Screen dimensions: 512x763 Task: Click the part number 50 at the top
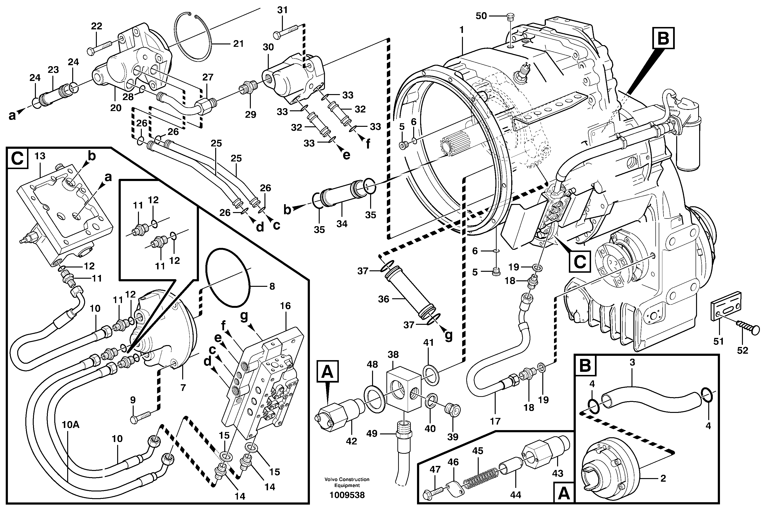pos(481,16)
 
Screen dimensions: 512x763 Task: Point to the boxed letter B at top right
pos(663,38)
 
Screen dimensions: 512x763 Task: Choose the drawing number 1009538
pos(347,495)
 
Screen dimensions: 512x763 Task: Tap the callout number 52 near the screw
pos(743,350)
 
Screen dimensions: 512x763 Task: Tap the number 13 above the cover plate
pos(40,156)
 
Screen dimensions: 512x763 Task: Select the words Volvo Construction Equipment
pos(347,482)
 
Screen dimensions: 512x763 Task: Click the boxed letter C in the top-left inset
pos(17,159)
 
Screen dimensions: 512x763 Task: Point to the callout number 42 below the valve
pos(351,441)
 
